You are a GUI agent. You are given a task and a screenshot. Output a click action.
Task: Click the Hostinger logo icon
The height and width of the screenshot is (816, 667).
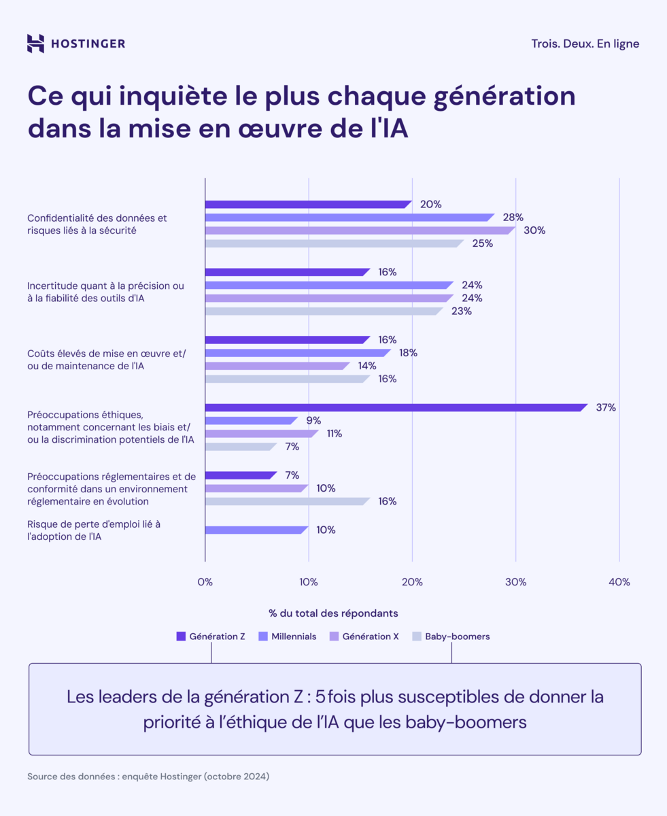(x=35, y=44)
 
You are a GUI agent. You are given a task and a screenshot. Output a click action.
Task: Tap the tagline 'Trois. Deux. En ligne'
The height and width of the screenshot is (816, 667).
(x=585, y=44)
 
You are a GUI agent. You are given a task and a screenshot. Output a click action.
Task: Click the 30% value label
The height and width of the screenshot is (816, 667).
(x=534, y=231)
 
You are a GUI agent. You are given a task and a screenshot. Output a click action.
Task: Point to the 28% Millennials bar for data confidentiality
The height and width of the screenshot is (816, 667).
(x=349, y=218)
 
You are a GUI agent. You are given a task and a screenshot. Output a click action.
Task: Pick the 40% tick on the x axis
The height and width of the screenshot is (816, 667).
(x=619, y=582)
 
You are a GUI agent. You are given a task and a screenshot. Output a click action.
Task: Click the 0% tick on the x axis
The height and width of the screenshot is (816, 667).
(x=205, y=582)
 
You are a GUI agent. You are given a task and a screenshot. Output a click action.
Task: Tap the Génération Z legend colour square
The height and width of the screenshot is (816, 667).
(x=181, y=636)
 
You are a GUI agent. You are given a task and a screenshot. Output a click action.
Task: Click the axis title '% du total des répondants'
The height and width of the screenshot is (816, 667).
(x=333, y=613)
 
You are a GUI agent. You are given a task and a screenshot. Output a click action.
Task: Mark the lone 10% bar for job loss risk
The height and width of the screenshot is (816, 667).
(x=256, y=530)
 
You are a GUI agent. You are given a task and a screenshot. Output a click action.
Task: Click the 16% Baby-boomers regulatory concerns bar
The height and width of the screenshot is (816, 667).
(x=287, y=501)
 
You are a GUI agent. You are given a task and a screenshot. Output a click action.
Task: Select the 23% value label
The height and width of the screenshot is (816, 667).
(x=461, y=311)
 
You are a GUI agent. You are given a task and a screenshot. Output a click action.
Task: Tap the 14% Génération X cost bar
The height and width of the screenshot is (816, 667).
(x=277, y=366)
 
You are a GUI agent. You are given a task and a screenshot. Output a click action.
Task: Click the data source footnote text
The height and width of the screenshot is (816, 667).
(x=148, y=776)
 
